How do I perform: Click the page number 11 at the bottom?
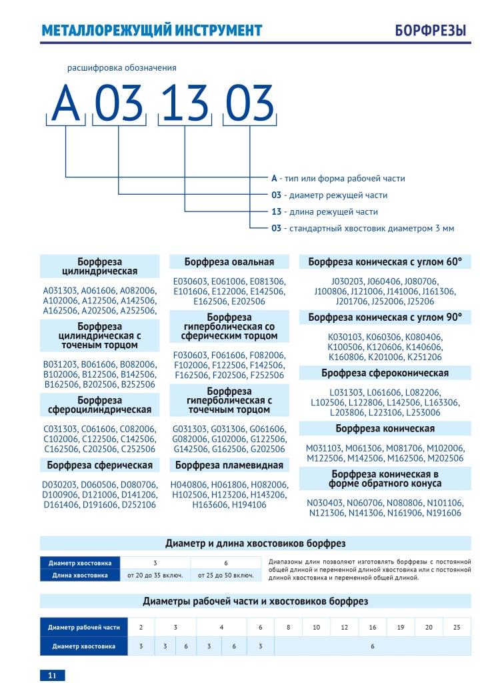[52, 675]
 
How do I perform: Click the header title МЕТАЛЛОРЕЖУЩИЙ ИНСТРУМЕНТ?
[151, 31]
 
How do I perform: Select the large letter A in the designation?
[66, 104]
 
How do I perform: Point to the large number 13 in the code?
[183, 104]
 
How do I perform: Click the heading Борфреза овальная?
[229, 261]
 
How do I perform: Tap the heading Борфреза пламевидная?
[229, 465]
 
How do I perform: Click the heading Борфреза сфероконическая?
[385, 373]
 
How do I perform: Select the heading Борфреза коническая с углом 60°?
[385, 261]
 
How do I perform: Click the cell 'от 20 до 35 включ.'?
[155, 575]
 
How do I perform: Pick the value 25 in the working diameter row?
[457, 627]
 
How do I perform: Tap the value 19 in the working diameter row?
[400, 627]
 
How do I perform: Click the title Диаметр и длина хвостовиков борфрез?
[255, 543]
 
